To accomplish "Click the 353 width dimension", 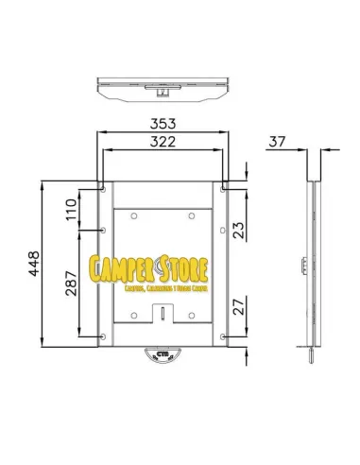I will click(163, 123).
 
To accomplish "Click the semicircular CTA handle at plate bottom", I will click(163, 355).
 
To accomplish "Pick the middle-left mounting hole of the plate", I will click(103, 230).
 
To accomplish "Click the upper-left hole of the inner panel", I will click(136, 218).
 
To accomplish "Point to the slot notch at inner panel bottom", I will click(163, 311).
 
